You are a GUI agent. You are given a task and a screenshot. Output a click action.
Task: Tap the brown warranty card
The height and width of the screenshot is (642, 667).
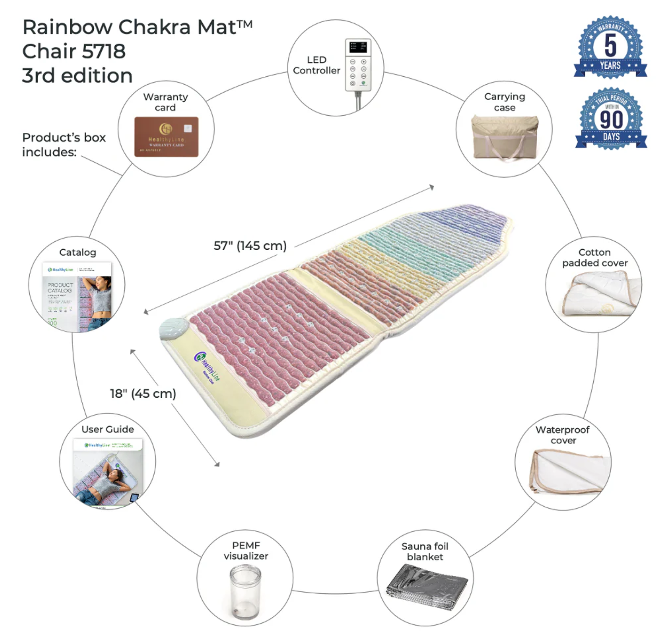click(166, 137)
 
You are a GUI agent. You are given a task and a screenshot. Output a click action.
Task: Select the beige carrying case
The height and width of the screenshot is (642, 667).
click(504, 137)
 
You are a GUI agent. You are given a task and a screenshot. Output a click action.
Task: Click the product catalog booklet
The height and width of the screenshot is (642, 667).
click(78, 295)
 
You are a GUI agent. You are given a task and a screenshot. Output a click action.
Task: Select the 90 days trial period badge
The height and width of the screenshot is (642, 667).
click(611, 118)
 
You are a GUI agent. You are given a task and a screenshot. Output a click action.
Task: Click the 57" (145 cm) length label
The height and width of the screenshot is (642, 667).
click(250, 246)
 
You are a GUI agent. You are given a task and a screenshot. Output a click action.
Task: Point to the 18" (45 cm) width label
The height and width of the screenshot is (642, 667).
click(143, 393)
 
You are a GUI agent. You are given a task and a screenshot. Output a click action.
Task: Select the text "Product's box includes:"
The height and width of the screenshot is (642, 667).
click(64, 145)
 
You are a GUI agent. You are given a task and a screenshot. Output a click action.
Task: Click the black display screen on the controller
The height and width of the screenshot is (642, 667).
click(358, 47)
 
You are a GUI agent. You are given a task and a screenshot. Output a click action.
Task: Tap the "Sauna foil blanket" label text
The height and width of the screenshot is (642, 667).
click(425, 551)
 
